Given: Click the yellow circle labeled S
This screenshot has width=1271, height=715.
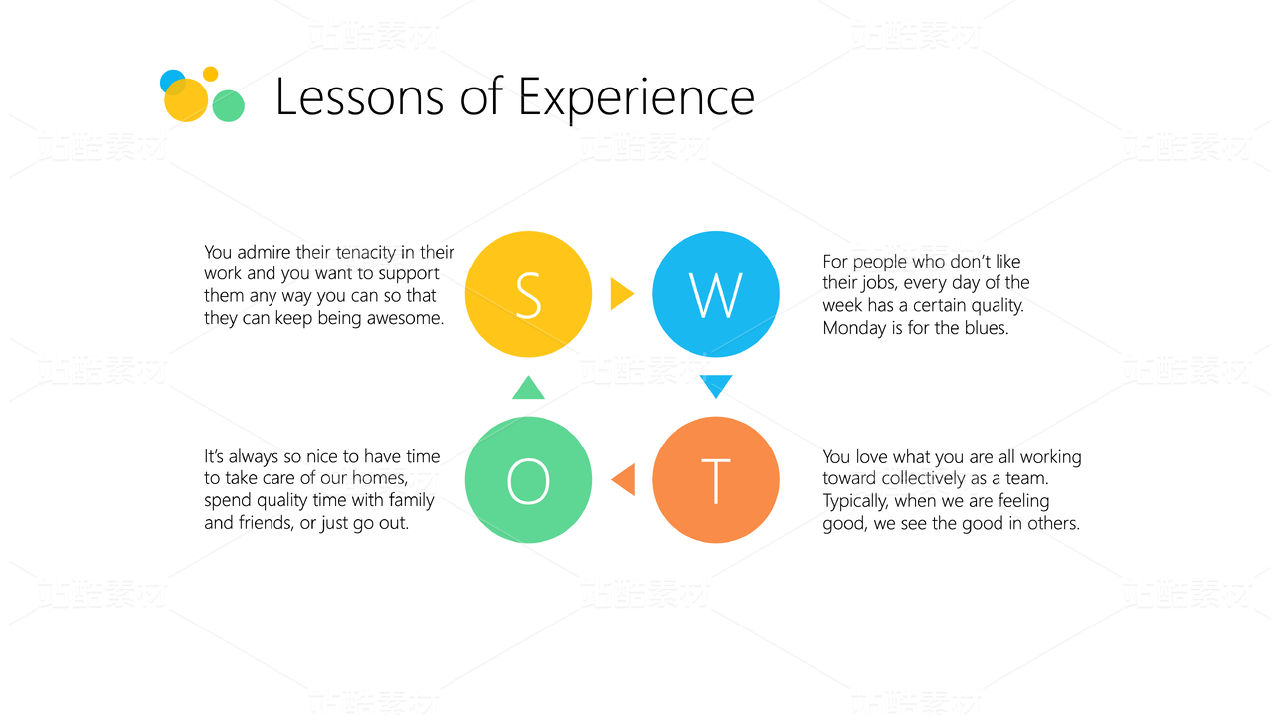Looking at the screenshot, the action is (x=528, y=294).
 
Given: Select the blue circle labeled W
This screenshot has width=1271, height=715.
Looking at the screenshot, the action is (x=715, y=294).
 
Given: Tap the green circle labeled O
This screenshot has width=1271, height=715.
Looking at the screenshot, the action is (x=528, y=479).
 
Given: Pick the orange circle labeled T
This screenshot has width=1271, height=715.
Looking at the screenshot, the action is (x=715, y=479).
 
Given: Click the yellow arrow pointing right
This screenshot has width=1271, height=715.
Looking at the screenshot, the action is (x=622, y=294).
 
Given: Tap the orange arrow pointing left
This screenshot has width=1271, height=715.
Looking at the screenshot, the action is (x=623, y=479).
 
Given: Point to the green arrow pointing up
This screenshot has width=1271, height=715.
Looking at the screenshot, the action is (x=528, y=388).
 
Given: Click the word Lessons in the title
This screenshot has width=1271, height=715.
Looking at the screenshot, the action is (x=359, y=97).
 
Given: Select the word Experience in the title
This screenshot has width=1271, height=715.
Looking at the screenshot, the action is (x=636, y=98).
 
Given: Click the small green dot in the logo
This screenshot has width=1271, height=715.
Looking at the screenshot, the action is (x=228, y=106).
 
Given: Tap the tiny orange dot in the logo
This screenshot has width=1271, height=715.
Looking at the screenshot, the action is (x=211, y=74).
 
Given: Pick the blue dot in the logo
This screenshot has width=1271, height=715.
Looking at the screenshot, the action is (x=171, y=82).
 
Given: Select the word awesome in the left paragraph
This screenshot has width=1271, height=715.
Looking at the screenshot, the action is (x=405, y=318).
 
